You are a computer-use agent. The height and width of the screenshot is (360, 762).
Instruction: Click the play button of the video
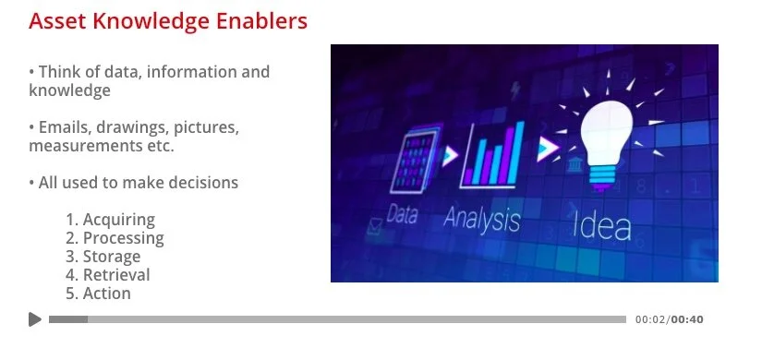pos(35,319)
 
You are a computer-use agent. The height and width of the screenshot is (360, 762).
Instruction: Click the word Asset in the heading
pos(57,21)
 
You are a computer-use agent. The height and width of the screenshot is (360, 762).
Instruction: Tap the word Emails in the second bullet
pos(66,127)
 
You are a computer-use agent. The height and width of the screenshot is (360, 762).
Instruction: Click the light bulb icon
pos(607,144)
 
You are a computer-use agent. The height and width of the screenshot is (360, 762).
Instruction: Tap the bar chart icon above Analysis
pos(492,154)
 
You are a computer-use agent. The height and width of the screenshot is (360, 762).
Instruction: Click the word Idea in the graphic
pos(601,225)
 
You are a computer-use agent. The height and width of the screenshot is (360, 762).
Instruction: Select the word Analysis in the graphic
pos(481,219)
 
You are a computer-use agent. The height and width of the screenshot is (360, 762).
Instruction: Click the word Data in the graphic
pos(402,214)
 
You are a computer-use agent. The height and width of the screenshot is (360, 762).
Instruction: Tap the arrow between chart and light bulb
pos(548,149)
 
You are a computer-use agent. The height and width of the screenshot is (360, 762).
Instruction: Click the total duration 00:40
pos(687,319)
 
